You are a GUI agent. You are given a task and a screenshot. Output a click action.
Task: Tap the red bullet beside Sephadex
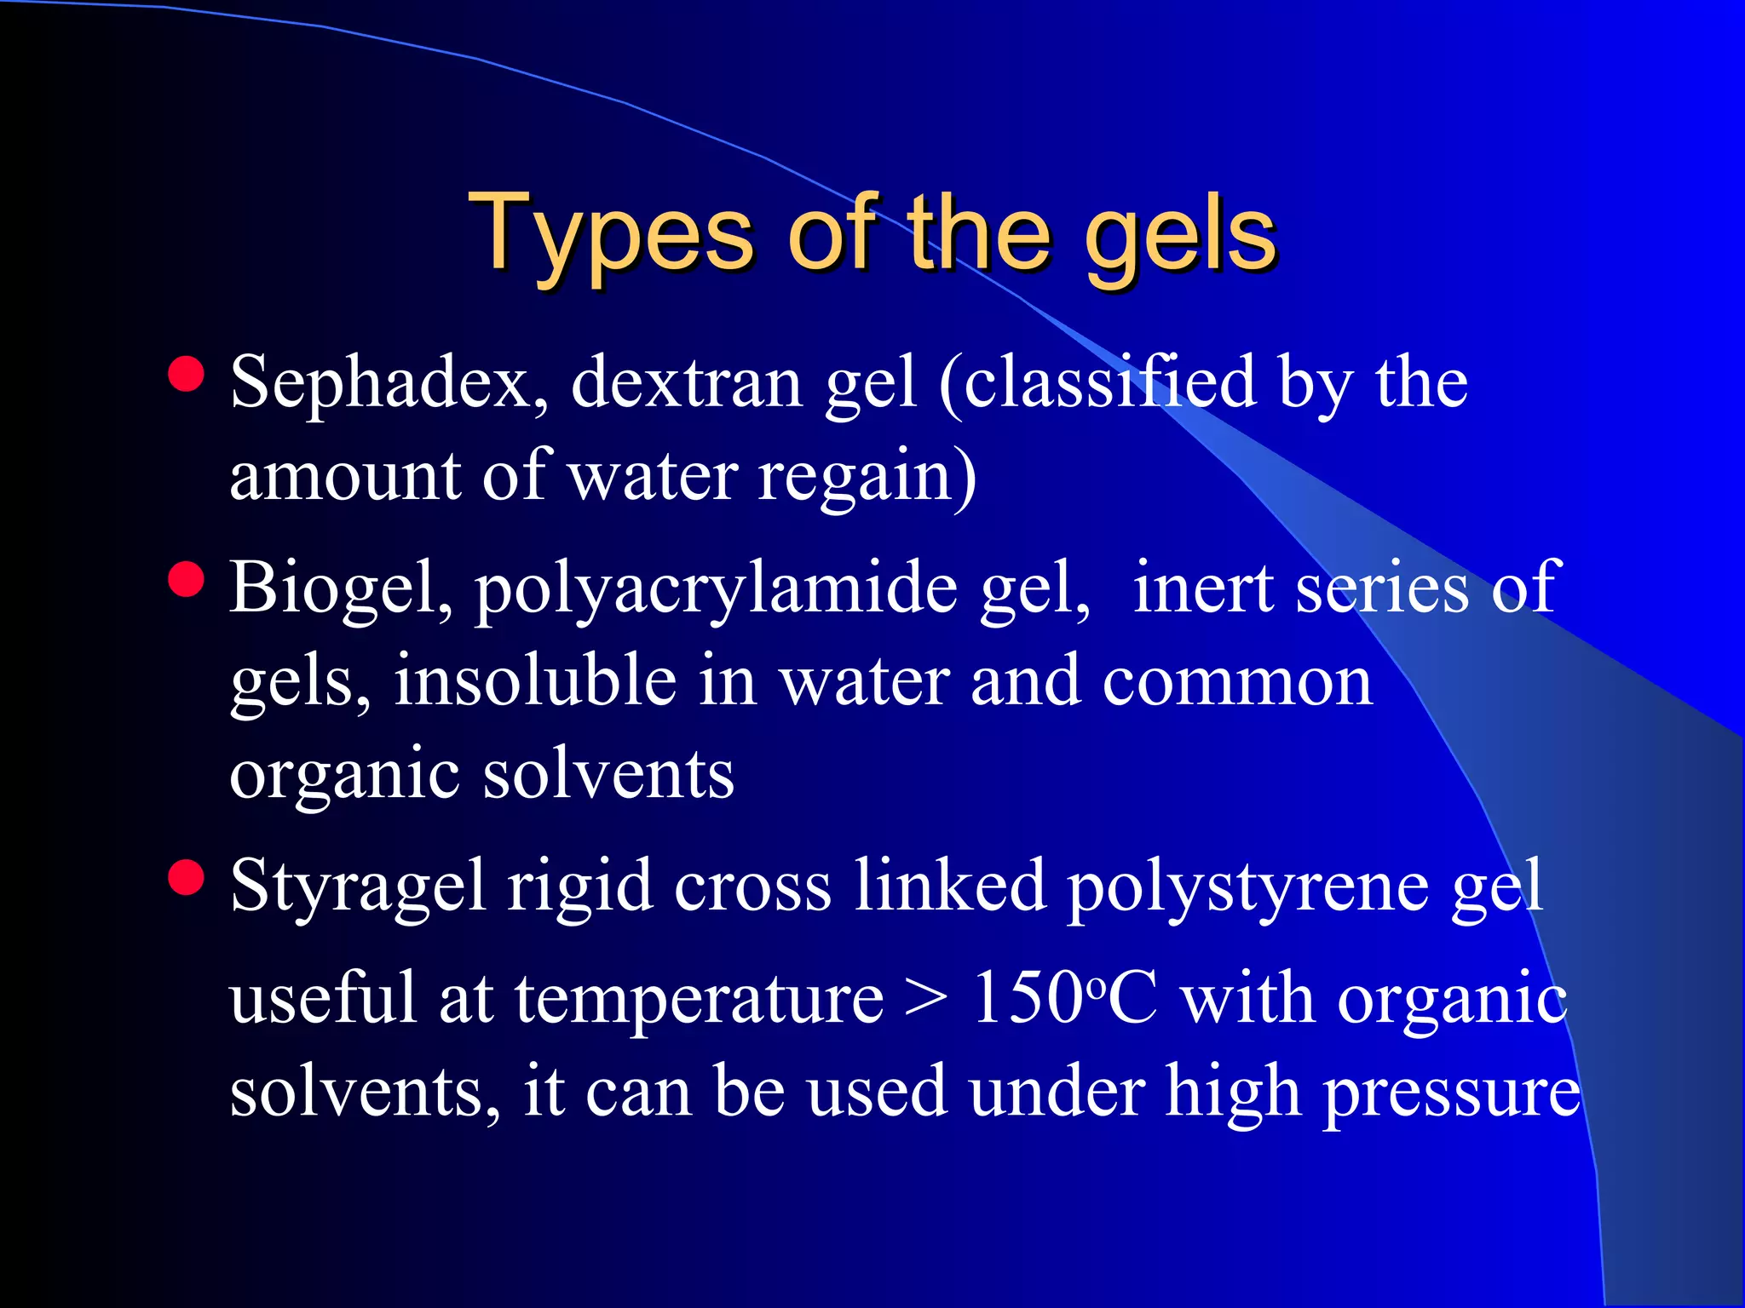[187, 374]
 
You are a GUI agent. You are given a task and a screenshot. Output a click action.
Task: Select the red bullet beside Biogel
[187, 580]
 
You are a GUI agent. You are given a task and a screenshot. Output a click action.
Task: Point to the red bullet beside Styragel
[187, 878]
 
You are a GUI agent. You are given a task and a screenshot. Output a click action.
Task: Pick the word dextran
[687, 383]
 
